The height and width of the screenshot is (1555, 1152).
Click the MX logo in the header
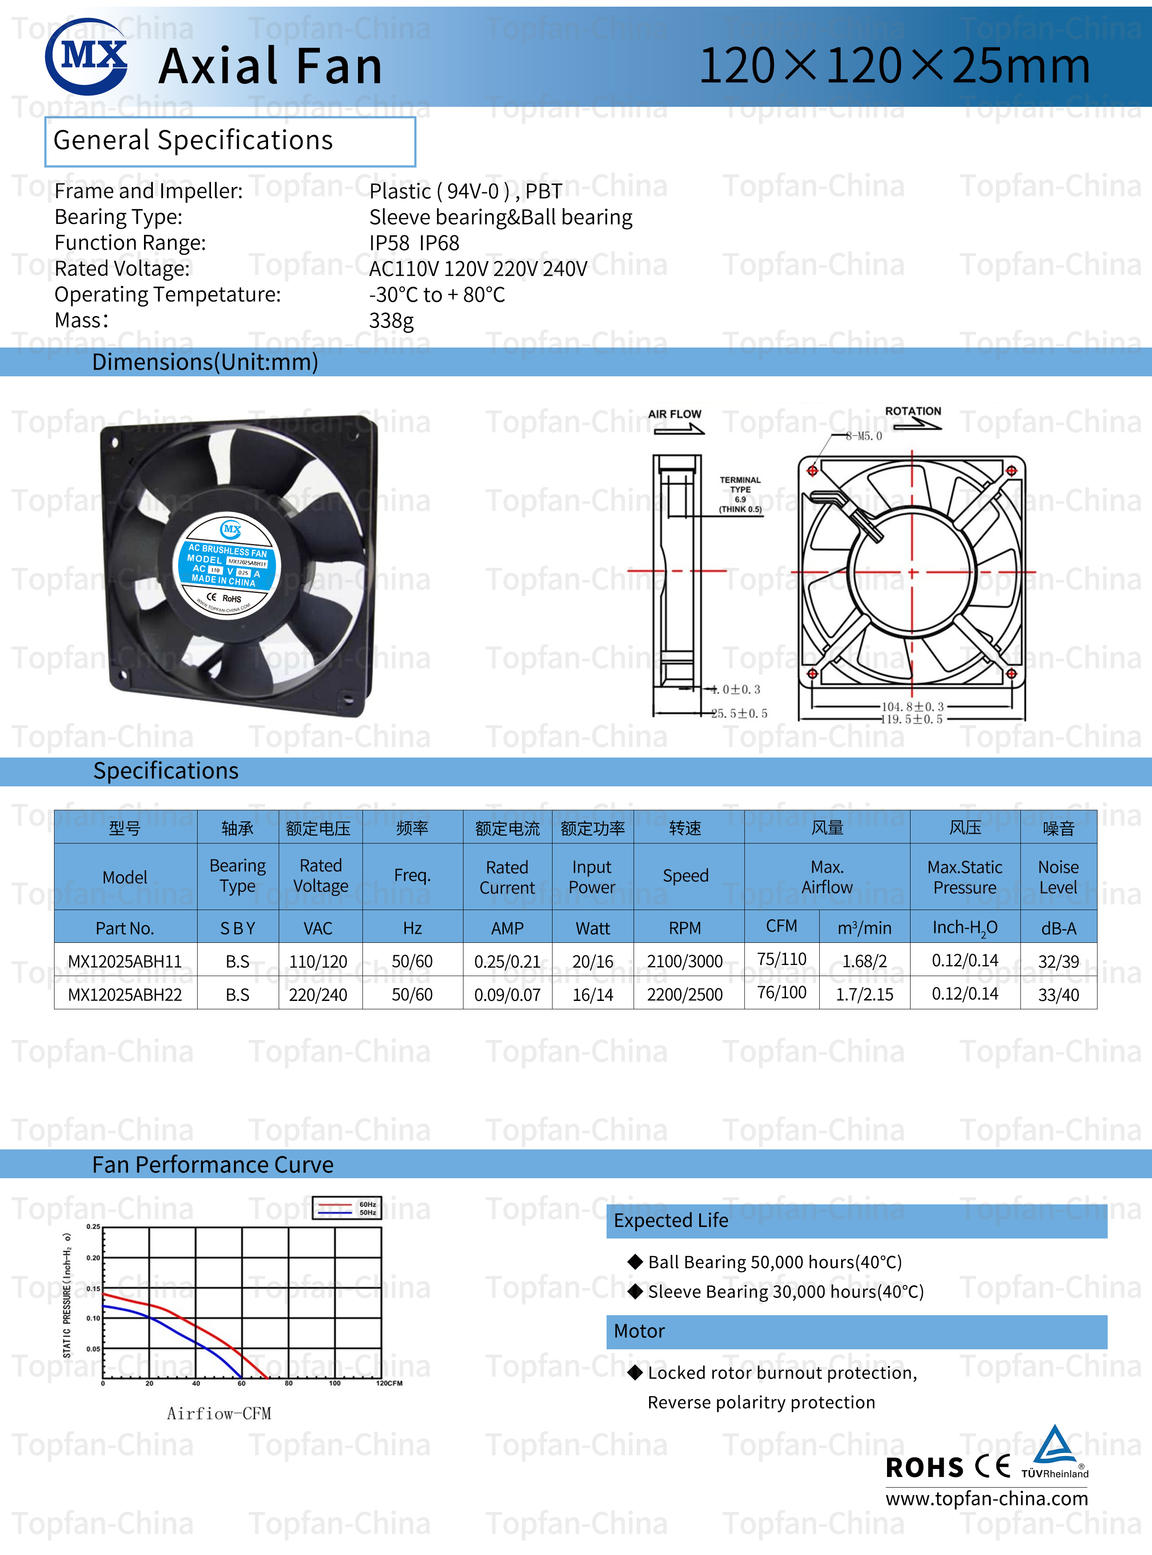click(86, 56)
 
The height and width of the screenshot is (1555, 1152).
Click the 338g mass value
click(391, 321)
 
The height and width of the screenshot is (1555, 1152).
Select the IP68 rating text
click(440, 243)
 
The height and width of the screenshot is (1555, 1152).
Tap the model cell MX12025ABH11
click(125, 961)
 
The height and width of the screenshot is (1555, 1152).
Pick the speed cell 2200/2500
click(685, 995)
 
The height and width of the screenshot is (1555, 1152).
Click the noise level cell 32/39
click(1058, 961)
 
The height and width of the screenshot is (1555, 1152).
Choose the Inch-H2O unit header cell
click(965, 928)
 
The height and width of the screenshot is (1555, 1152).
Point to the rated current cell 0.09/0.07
click(507, 995)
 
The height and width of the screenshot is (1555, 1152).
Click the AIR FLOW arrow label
click(674, 414)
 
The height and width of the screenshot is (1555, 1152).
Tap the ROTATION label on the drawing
click(913, 411)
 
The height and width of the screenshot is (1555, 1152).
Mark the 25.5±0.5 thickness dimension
click(739, 714)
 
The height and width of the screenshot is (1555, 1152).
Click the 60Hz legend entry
click(367, 1204)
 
